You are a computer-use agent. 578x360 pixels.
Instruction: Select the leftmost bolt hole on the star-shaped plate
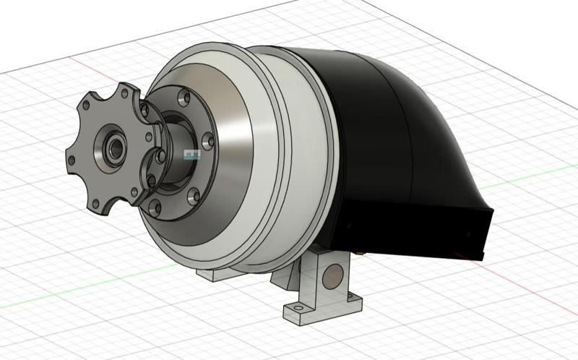[73, 154]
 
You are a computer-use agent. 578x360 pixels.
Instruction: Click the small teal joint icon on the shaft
[191, 154]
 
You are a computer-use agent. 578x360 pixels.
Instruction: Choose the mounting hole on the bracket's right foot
[352, 297]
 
